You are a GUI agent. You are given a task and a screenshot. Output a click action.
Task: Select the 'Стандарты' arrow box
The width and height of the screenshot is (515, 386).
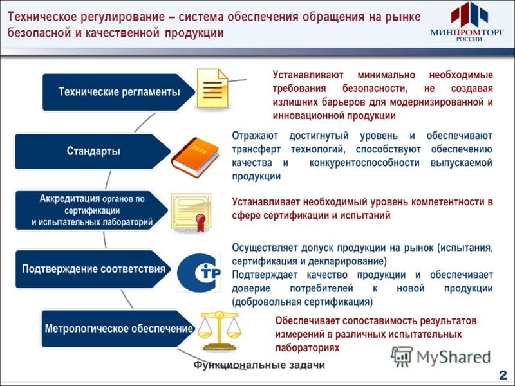point(93,151)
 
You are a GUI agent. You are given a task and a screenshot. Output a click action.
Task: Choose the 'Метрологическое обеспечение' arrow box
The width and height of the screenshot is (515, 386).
point(118,329)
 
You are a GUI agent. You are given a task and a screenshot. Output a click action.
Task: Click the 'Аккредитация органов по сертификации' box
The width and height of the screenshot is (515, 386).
point(92,210)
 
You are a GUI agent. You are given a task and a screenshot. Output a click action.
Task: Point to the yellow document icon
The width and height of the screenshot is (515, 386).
point(212,89)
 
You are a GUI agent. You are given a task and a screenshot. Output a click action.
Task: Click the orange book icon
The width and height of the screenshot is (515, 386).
point(195,157)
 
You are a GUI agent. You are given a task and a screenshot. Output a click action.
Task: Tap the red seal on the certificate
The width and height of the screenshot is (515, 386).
point(200,219)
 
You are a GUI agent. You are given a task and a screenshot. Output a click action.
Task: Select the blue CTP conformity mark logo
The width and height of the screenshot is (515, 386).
point(199,273)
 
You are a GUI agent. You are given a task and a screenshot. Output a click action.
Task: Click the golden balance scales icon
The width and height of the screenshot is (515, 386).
point(219,331)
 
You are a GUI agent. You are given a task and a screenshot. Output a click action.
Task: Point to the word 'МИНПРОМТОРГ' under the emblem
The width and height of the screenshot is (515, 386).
point(467,32)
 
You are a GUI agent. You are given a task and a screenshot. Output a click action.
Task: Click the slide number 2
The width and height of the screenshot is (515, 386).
point(503,375)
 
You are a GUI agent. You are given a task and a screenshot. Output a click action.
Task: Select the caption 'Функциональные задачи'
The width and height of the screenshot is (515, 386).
point(259,365)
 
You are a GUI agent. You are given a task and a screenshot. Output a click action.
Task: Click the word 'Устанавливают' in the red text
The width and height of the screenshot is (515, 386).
point(308,75)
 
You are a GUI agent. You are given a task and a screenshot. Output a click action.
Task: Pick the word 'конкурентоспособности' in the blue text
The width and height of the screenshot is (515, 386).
point(364,163)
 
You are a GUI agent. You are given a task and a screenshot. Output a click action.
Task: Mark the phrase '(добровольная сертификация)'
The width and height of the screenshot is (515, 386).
point(303,302)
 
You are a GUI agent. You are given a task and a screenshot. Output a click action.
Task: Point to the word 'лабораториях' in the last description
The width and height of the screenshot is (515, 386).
point(307,347)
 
